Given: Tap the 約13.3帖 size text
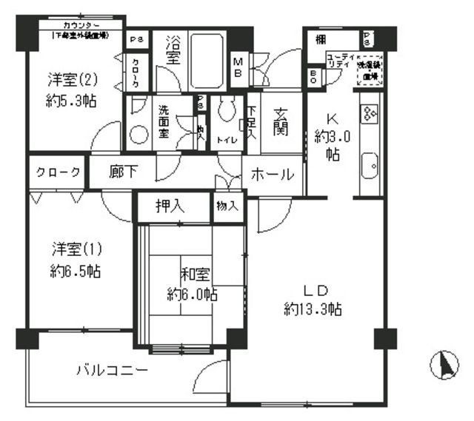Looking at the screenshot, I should pyautogui.click(x=313, y=310).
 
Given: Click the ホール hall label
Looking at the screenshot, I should pyautogui.click(x=273, y=175).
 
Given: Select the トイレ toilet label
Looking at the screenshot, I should pyautogui.click(x=226, y=138).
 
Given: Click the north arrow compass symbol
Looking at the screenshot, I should pyautogui.click(x=446, y=366).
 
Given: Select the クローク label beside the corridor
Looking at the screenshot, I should pyautogui.click(x=58, y=173).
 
